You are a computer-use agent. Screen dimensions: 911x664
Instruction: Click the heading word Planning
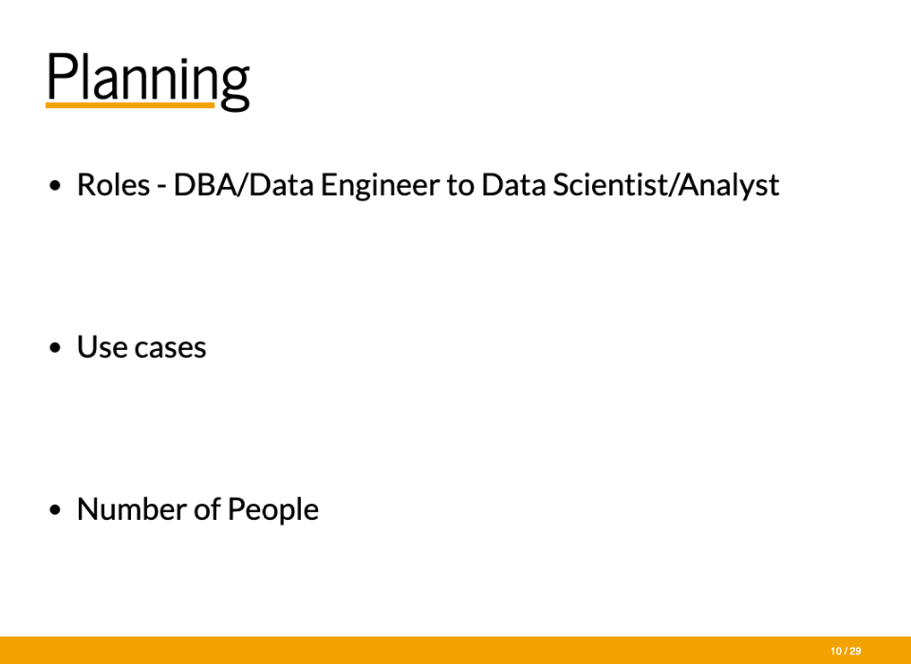coord(148,81)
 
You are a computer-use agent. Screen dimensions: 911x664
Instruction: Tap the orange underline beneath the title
coord(130,105)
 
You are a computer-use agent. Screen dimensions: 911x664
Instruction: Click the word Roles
coord(113,185)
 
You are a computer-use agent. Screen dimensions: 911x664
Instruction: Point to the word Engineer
coord(380,186)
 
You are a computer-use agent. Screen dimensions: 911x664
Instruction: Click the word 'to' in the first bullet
coord(461,186)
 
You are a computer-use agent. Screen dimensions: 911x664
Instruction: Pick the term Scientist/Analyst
coord(666,186)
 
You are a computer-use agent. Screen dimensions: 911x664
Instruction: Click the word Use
coord(102,347)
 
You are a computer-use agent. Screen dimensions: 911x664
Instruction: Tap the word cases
coord(170,348)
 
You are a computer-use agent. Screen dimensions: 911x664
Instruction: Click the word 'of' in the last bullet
coord(207,509)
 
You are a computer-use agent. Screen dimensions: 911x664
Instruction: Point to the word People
coord(273,510)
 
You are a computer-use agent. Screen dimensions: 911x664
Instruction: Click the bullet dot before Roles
coord(55,186)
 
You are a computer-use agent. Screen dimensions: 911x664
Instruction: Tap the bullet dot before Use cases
coord(55,348)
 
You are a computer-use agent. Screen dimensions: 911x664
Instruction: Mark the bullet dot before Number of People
coord(55,510)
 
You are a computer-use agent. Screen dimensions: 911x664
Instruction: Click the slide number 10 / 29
coord(846,652)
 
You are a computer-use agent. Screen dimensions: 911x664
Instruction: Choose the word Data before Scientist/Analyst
coord(513,185)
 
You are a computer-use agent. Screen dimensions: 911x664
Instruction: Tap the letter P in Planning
coord(61,77)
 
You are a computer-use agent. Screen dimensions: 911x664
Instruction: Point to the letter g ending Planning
coord(234,86)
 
